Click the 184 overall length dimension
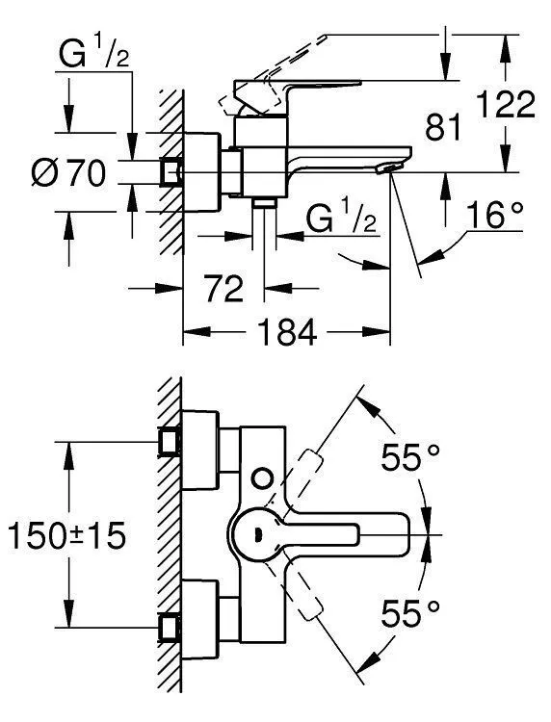(x=287, y=333)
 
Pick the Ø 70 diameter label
(x=66, y=175)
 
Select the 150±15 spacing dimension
(x=65, y=535)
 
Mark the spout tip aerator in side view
(x=387, y=169)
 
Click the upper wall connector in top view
(x=172, y=443)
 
